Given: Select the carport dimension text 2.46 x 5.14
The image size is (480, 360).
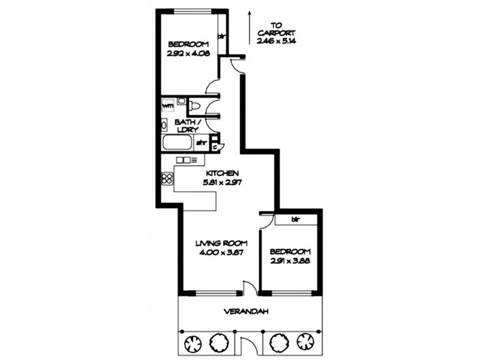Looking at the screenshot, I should (276, 41).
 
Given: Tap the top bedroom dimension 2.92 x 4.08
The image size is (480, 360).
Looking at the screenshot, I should (188, 53).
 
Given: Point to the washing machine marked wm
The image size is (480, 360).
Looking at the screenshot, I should (168, 106).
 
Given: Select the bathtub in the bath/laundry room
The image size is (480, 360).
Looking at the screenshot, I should (176, 143).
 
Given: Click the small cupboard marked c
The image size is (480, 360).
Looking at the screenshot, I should (215, 145).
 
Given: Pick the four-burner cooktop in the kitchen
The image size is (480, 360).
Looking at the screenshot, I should (167, 178).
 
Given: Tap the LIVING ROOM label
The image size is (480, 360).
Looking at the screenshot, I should (218, 244).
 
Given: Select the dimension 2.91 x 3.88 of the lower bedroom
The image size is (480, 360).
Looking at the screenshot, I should (290, 260).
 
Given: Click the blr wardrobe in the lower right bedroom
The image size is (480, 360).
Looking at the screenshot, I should (295, 220).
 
